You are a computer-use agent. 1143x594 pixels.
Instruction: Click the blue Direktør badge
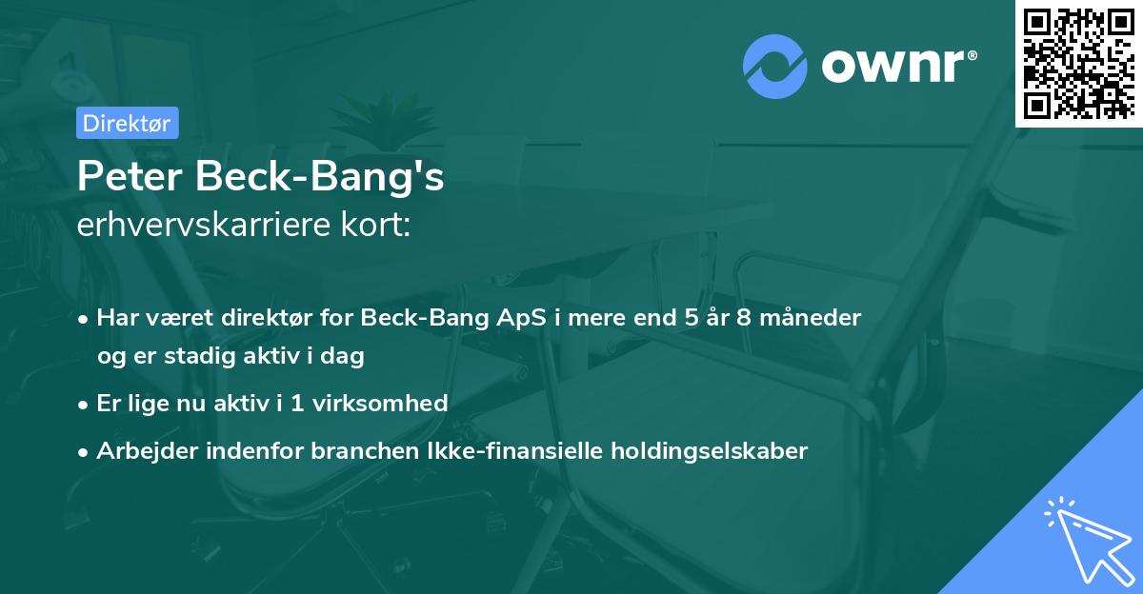coord(128,123)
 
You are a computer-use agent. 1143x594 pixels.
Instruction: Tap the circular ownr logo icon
coord(774,67)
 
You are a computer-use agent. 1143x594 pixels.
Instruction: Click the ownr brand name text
coord(899,67)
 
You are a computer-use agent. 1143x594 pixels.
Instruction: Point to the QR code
coord(1078,64)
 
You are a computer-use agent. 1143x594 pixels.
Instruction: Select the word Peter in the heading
coord(130,176)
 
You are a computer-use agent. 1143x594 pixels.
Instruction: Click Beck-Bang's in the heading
coord(319,176)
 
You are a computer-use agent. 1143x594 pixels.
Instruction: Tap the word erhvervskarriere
coord(204,225)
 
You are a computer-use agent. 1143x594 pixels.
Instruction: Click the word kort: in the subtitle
coord(375,225)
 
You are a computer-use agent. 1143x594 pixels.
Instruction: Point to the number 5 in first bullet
coord(692,317)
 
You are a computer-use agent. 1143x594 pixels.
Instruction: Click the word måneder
coord(811,317)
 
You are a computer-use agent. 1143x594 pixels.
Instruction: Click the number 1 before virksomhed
coord(297,404)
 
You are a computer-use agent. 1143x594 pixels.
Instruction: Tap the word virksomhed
coord(380,403)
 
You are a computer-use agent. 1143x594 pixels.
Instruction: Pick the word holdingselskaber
coord(710,450)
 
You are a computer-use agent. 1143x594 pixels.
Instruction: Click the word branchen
coord(365,450)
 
